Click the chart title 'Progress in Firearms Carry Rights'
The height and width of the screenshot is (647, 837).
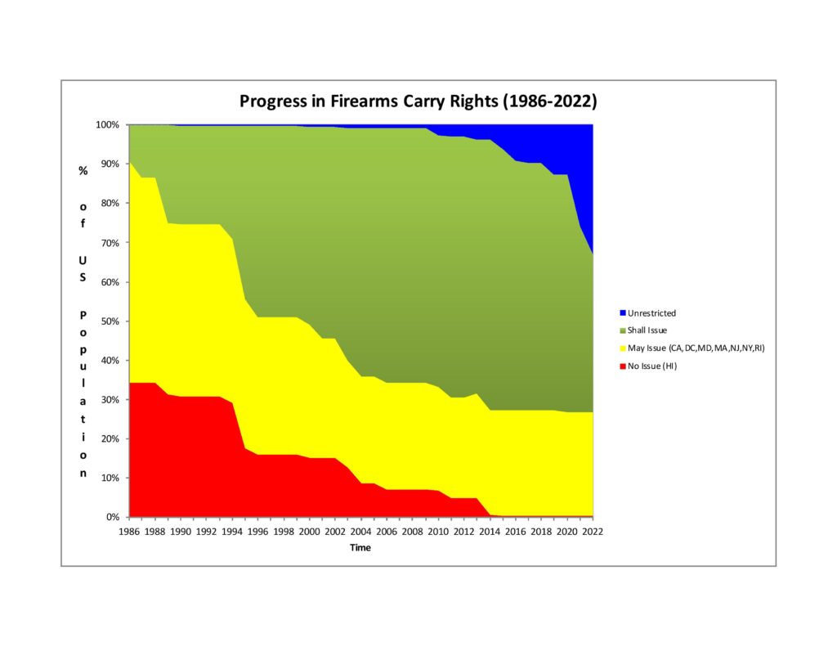(418, 101)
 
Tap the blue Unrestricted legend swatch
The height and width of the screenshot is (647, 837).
(622, 312)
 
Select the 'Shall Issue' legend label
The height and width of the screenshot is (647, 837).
(647, 330)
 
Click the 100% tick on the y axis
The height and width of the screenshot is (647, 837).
(108, 125)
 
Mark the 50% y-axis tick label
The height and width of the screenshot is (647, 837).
(110, 321)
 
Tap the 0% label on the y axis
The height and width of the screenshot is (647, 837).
(113, 517)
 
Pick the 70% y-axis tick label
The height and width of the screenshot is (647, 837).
(110, 243)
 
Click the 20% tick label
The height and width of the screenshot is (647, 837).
(110, 439)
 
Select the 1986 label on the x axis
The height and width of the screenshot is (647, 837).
(128, 531)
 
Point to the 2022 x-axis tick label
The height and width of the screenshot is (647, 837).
(593, 531)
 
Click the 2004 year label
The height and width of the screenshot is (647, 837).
(360, 531)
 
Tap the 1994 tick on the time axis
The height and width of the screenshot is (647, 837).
(231, 531)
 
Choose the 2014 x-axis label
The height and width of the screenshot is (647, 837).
(490, 531)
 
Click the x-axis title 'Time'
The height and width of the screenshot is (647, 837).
(360, 548)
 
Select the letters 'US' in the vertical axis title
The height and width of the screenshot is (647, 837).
(83, 270)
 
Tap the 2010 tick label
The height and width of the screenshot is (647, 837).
(438, 531)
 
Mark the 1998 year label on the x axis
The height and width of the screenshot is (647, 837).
(283, 531)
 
